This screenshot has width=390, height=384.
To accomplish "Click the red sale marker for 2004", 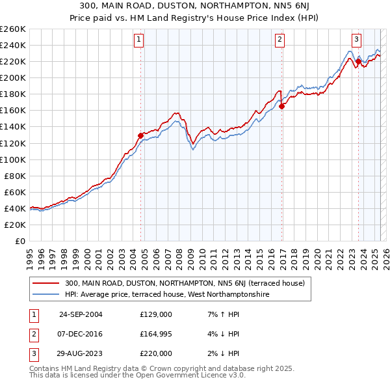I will [140, 135].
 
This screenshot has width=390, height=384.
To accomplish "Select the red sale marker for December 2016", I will [281, 106].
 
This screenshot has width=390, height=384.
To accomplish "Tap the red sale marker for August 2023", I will [358, 61].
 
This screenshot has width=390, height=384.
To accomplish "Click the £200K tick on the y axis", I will [13, 77].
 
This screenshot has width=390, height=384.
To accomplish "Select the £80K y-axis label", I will [16, 176].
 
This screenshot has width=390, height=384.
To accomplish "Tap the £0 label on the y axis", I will [21, 241].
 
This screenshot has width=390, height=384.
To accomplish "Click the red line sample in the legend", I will [46, 283].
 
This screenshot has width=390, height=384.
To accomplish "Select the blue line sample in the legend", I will [46, 294].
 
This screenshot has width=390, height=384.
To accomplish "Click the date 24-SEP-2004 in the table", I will [81, 314].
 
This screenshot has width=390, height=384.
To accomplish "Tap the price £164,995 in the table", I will [156, 334].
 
